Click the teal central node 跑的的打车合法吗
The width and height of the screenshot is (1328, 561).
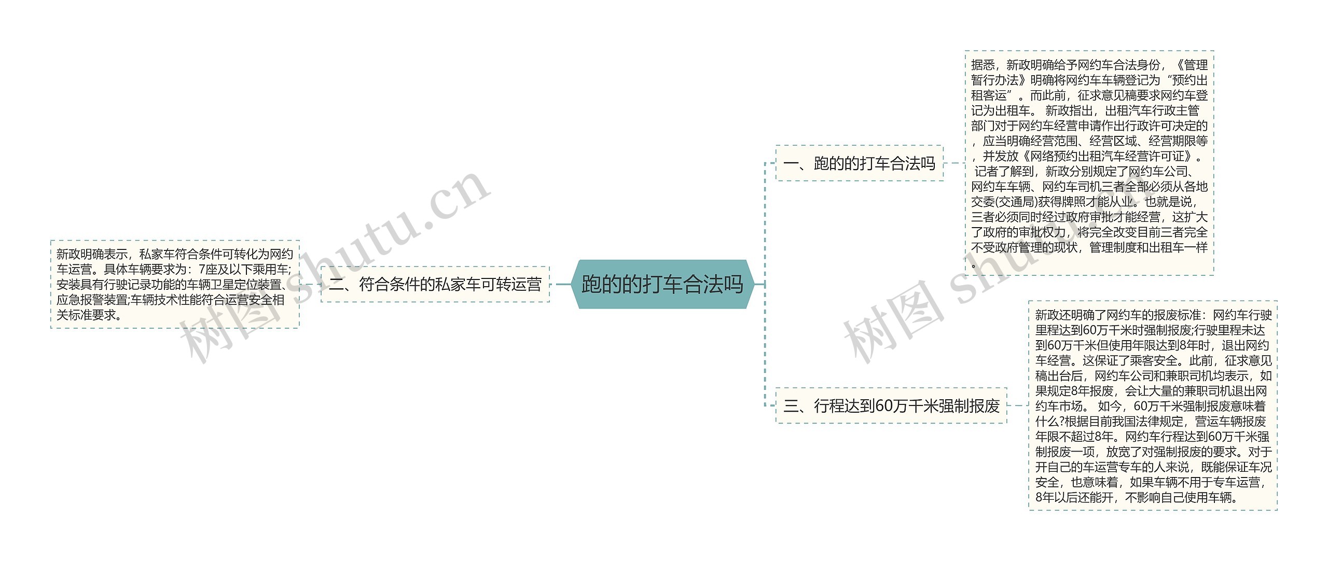(x=662, y=284)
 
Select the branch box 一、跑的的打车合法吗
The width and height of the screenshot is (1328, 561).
(x=859, y=163)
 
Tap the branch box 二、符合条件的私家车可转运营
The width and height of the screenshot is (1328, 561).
(x=435, y=284)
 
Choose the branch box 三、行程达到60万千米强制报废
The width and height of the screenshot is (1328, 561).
(x=891, y=405)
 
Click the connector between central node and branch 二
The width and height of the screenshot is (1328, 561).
(x=562, y=284)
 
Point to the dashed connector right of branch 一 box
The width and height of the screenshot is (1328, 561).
(x=953, y=163)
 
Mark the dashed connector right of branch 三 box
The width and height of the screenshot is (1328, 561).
(x=1018, y=405)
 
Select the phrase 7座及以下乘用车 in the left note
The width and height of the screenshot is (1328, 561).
(x=243, y=269)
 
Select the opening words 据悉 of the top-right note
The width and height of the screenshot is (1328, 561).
(x=983, y=65)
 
